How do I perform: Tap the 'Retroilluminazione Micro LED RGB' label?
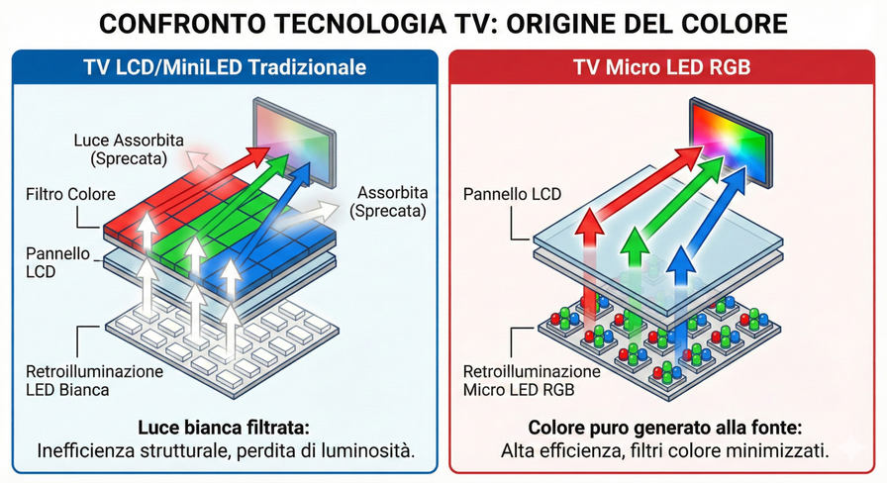pos(532,381)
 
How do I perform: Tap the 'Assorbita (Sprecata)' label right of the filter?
pos(392,201)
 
